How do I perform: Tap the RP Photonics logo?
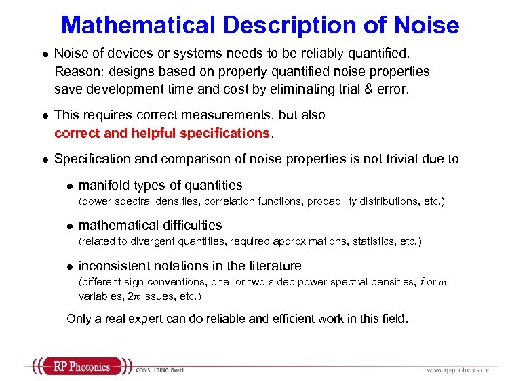pos(81,367)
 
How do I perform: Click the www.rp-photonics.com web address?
pos(459,369)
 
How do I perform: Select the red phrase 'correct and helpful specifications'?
pos(161,134)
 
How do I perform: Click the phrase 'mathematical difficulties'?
pos(151,225)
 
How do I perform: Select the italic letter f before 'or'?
pos(421,282)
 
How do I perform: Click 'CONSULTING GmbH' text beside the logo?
pos(160,370)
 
